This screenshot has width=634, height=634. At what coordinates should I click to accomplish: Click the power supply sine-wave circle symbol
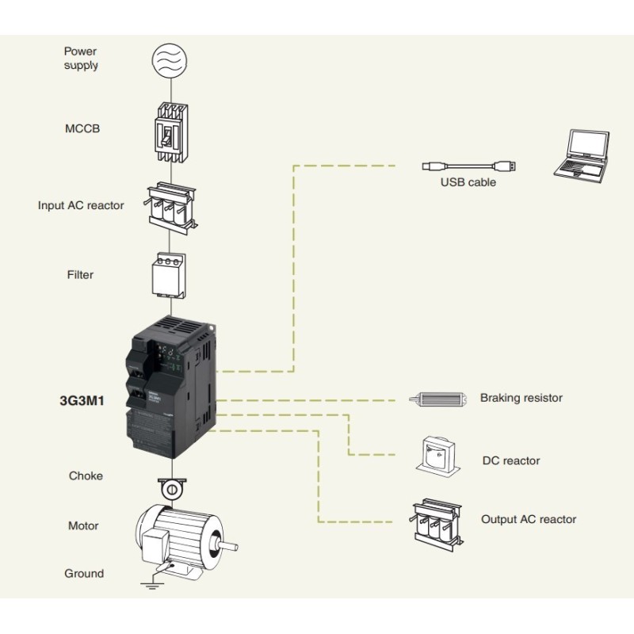pyautogui.click(x=170, y=60)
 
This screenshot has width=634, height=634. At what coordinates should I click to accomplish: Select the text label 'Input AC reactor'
pyautogui.click(x=81, y=205)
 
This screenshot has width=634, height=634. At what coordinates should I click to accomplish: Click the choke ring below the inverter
pyautogui.click(x=170, y=489)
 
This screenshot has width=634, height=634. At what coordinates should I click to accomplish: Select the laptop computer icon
pyautogui.click(x=582, y=155)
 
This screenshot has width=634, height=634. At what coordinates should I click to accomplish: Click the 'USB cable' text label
pyautogui.click(x=468, y=182)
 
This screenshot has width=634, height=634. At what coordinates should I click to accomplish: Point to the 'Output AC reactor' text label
pyautogui.click(x=529, y=520)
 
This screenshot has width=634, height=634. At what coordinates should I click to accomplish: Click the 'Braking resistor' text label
pyautogui.click(x=521, y=398)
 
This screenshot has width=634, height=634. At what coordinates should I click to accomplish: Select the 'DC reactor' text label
pyautogui.click(x=510, y=460)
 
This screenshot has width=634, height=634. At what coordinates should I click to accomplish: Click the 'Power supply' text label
pyautogui.click(x=81, y=58)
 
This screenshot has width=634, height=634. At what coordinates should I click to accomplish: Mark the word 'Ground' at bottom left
pyautogui.click(x=83, y=573)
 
